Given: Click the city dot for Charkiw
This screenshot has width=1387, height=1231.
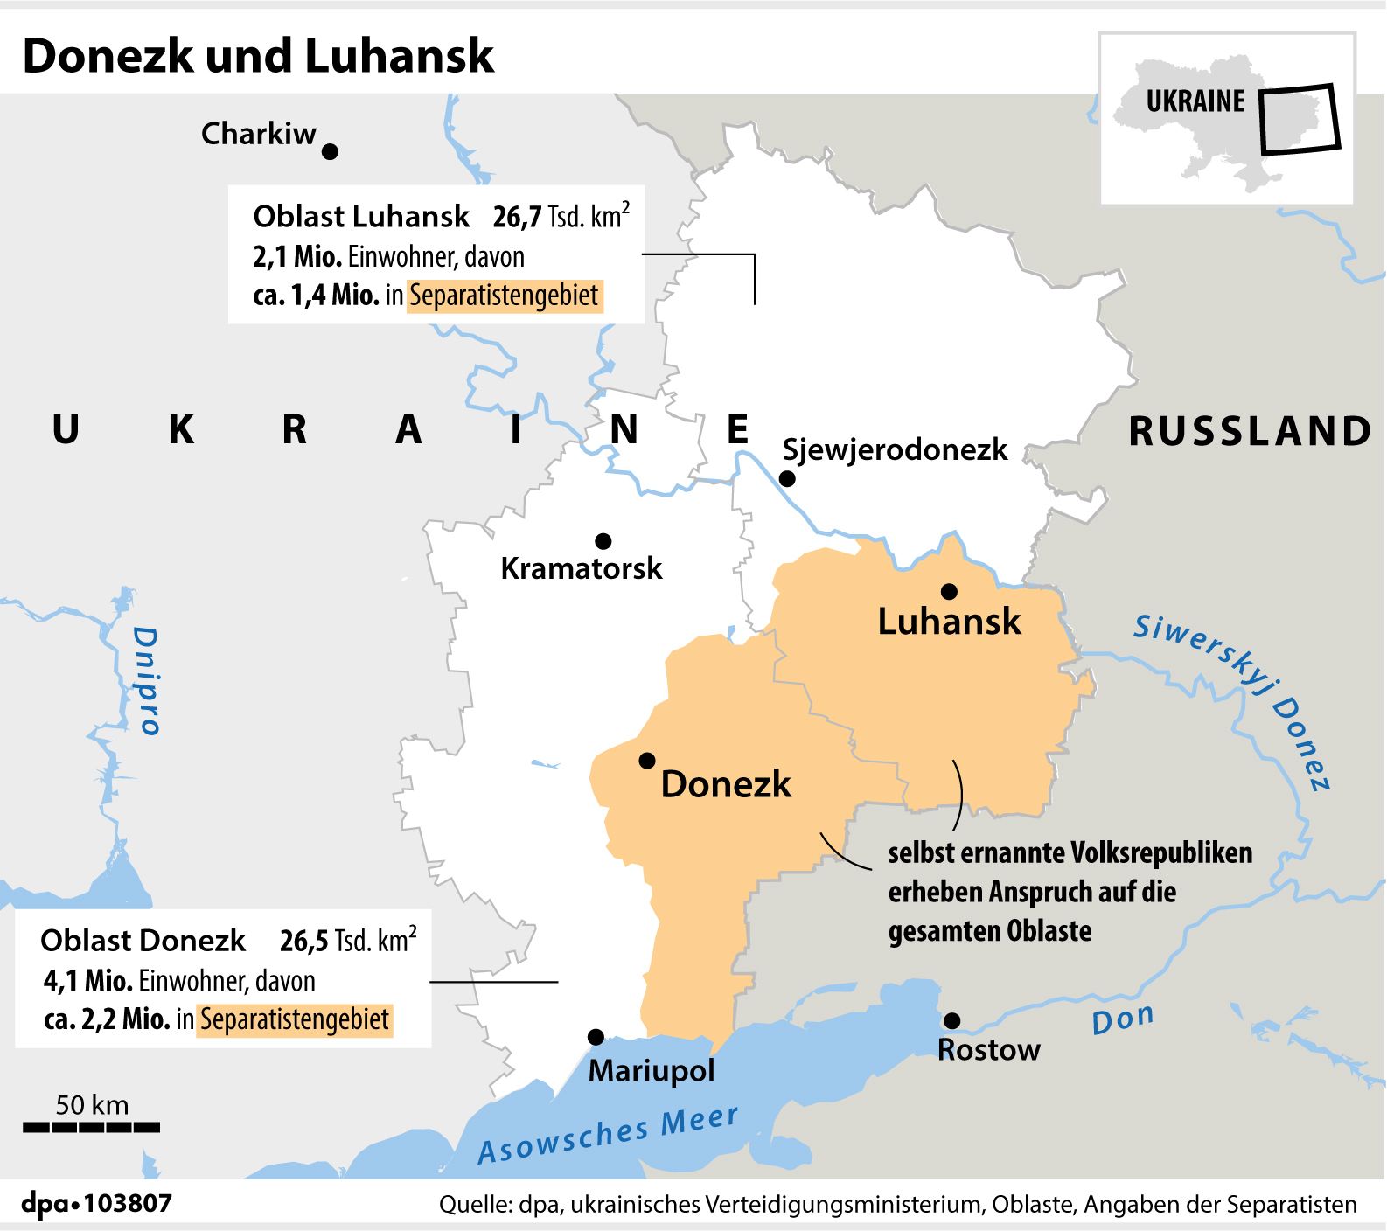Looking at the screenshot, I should [330, 151].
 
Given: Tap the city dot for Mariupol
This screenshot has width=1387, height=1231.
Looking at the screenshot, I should [596, 1037].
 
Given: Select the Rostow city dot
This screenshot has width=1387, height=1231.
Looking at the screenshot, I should [952, 1020].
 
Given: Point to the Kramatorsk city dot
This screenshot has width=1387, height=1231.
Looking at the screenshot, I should [603, 541].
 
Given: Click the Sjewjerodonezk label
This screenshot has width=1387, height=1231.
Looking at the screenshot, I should [895, 449].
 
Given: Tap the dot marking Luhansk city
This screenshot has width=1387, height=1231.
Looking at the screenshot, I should [949, 591].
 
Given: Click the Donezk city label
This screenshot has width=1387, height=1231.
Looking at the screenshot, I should [725, 783].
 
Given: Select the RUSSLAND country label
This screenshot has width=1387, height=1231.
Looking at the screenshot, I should [1250, 431].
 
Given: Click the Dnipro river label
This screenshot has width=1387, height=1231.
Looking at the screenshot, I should [146, 680].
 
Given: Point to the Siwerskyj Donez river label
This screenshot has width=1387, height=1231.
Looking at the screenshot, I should [1233, 699].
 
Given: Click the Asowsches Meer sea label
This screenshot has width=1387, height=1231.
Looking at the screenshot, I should [608, 1135].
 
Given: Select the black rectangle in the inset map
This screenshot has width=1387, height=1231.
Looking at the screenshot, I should [1299, 119].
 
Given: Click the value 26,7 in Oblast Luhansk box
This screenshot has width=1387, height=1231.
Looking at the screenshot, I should [518, 217].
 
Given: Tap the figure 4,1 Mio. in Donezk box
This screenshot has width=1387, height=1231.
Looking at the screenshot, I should [87, 981].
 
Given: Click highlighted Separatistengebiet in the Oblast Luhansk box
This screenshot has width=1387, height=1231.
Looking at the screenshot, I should [504, 296].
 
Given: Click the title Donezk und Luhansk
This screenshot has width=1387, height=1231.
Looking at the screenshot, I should [258, 56].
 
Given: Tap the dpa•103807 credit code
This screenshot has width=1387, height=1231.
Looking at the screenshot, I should [96, 1203].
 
